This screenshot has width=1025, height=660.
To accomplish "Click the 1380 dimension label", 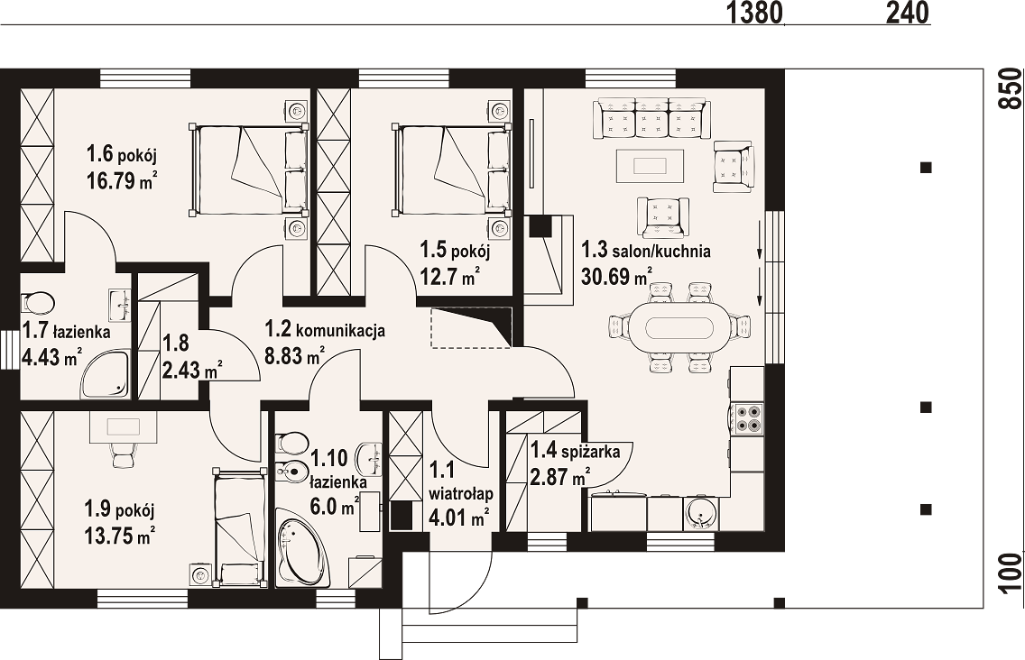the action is pos(753,12).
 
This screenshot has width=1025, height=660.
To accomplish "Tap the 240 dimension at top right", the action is pos(908,12).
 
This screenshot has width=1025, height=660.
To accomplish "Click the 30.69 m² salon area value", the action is pos(615,277).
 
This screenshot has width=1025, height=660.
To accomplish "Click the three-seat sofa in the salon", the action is pos(651,118).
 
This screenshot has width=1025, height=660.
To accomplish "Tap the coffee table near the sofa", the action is pos(650,165).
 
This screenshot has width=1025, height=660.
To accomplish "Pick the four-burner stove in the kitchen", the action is pos(746,418).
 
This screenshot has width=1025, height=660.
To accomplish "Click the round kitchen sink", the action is pos(701,513).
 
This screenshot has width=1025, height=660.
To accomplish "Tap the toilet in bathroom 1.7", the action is pos(38,303).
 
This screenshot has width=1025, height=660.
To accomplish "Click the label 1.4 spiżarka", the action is pos(575,450).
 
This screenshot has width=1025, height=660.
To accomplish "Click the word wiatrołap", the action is pos(461,493).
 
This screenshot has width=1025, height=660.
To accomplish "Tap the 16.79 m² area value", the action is pos(122,179).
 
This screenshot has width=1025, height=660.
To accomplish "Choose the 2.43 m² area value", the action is pos(191,371).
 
